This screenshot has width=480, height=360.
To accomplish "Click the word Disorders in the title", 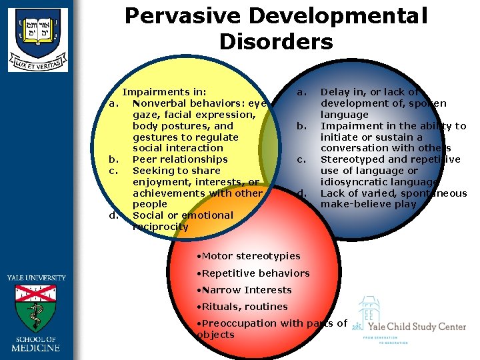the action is click(x=275, y=42).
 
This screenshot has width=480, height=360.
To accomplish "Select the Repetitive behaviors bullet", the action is click(x=255, y=273).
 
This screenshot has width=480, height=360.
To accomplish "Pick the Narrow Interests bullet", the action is click(x=246, y=290).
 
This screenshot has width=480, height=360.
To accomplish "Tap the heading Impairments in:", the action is click(x=164, y=92).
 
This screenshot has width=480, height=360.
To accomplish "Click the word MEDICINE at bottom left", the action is click(x=37, y=347).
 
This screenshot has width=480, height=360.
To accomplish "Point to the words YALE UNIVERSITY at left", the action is click(x=37, y=277).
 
